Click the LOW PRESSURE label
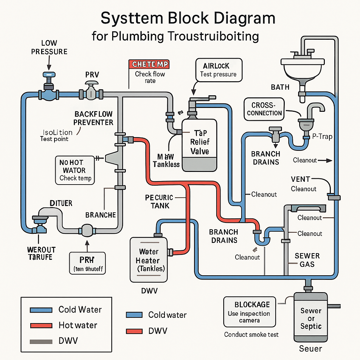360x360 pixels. (49, 47)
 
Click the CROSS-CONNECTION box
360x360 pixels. (264, 109)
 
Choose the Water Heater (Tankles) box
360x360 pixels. (149, 260)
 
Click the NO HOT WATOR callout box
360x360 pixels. (75, 170)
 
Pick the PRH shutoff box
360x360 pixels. (87, 263)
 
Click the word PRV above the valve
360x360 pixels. (92, 75)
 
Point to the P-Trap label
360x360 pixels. (322, 136)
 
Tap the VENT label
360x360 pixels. (301, 179)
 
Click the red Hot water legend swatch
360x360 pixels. (41, 325)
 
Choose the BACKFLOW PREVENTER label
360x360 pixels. (94, 118)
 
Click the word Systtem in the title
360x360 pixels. (131, 18)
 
